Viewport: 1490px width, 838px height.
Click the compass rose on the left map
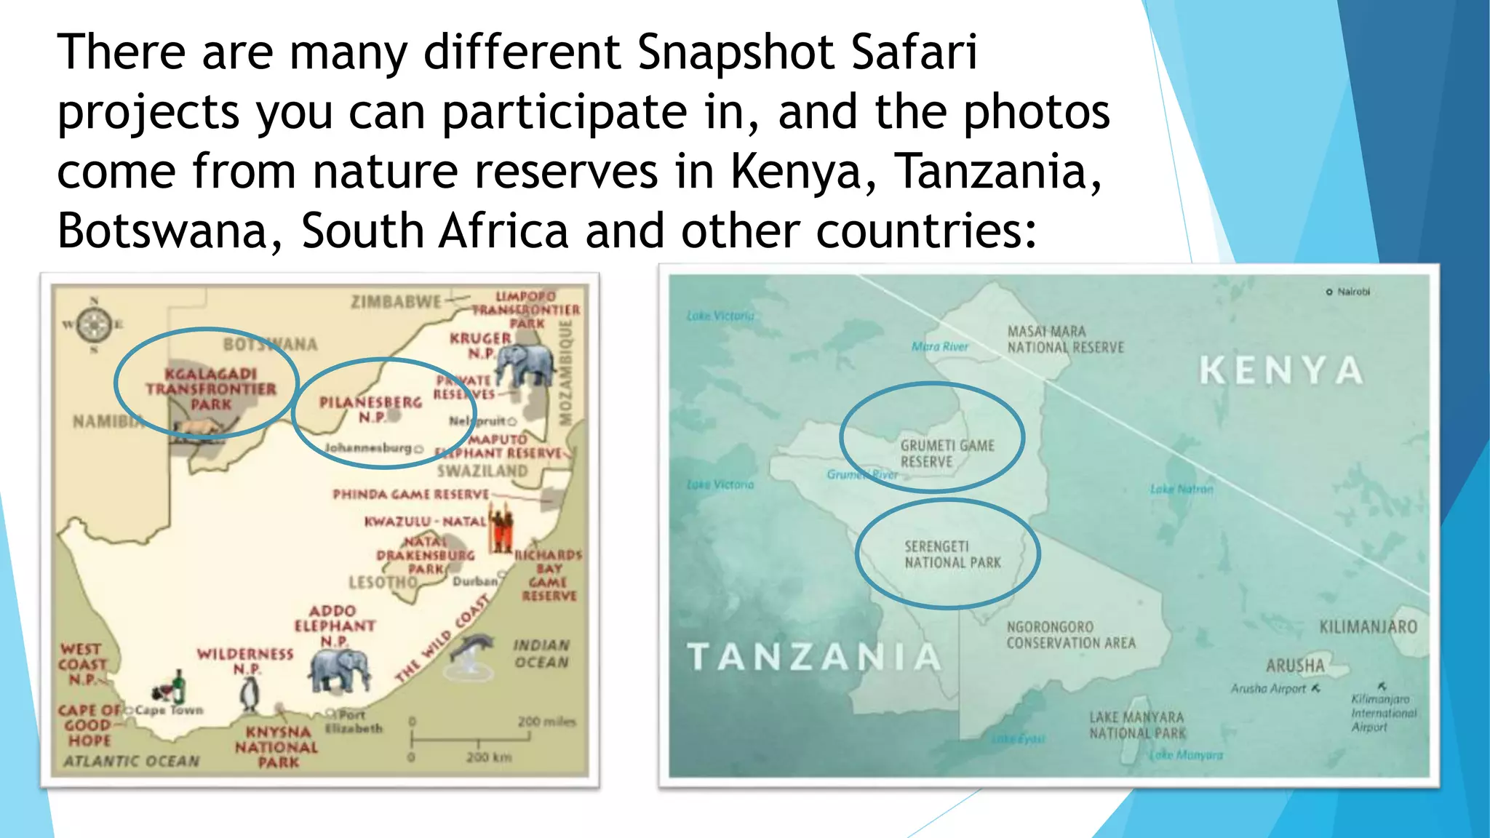tap(94, 324)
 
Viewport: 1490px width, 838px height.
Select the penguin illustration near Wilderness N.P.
tap(250, 694)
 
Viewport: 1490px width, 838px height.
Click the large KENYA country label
tap(1280, 370)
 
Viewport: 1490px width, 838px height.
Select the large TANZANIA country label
tap(814, 657)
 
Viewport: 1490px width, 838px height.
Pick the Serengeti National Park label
tap(952, 554)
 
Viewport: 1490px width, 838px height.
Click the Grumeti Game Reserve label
tap(947, 453)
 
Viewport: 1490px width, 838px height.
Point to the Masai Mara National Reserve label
tap(1065, 340)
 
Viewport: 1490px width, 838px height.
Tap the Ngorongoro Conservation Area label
tap(1070, 635)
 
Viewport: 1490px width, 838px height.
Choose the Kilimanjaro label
tap(1368, 627)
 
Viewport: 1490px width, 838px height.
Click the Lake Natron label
tap(1182, 490)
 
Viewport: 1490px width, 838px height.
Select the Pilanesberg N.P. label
tap(370, 410)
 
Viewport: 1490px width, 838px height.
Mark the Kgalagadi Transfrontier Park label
tap(210, 389)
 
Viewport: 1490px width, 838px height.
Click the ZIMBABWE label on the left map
tap(396, 302)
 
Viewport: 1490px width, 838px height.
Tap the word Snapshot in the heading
tap(736, 52)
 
